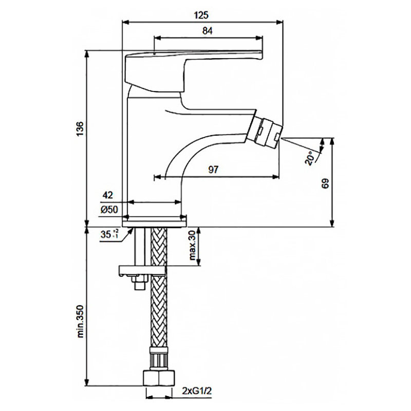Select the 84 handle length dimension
pyautogui.click(x=208, y=31)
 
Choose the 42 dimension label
pyautogui.click(x=108, y=196)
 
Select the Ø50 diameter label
pyautogui.click(x=109, y=210)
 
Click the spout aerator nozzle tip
pyautogui.click(x=267, y=131)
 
